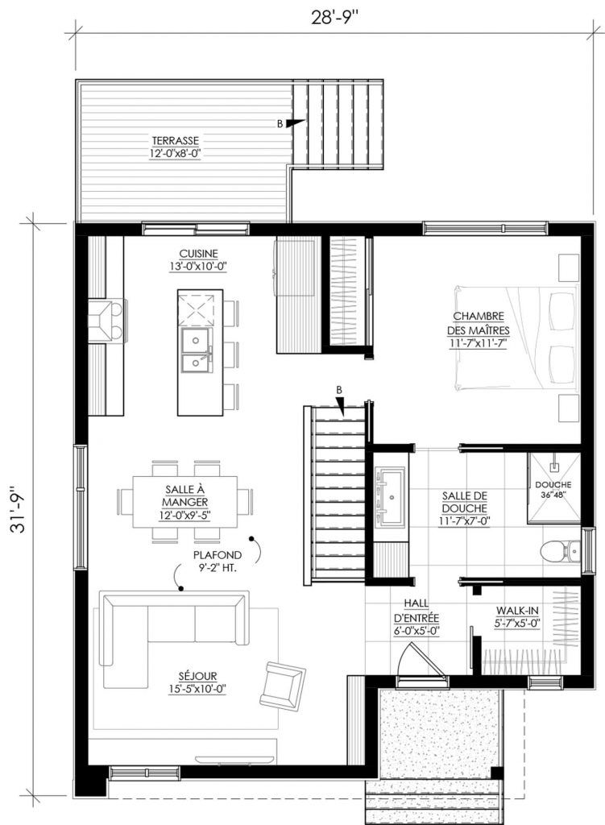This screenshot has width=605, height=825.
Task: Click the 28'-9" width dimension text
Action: [x=334, y=18]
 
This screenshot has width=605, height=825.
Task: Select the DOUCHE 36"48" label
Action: [x=553, y=489]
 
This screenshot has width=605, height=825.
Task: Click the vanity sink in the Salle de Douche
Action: [x=392, y=495]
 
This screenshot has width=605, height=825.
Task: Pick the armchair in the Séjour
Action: [x=282, y=684]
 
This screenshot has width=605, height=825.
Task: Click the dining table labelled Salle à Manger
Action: [x=184, y=501]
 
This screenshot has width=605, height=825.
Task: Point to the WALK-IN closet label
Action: [x=518, y=617]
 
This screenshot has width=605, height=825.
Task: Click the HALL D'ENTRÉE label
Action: [x=416, y=617]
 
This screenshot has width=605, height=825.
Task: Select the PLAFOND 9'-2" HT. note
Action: [x=218, y=562]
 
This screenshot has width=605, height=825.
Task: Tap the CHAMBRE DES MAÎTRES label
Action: [x=479, y=330]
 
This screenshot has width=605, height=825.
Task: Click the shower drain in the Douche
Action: [x=553, y=466]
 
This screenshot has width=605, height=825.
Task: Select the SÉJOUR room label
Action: [x=197, y=682]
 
